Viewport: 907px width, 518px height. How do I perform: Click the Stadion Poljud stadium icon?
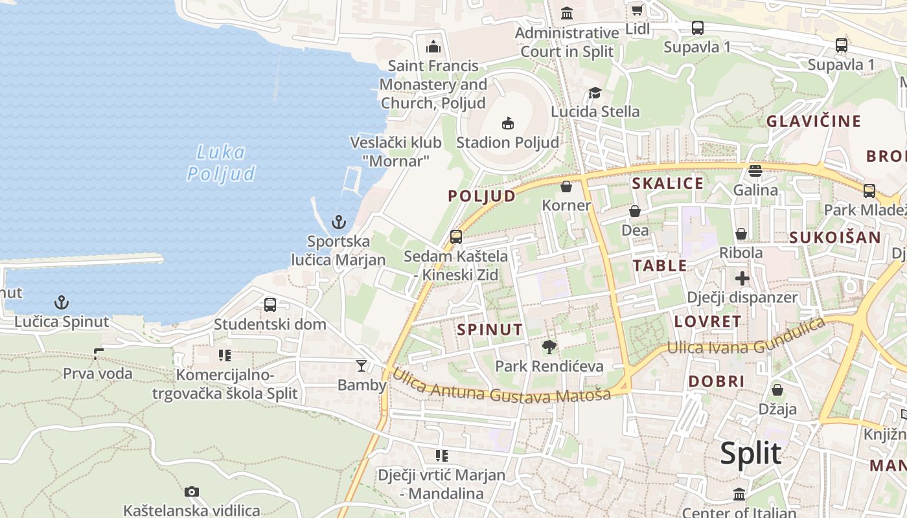coord(508,123)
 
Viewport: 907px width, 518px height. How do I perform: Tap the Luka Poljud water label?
coord(221,163)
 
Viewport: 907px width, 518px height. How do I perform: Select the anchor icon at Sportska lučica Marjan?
coord(338,223)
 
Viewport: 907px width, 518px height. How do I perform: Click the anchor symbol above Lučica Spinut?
coord(61,302)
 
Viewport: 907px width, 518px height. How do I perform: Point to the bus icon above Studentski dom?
coord(270,304)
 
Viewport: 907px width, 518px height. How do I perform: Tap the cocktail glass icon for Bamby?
coord(362,366)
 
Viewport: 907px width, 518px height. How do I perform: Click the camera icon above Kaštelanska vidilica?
coord(191,491)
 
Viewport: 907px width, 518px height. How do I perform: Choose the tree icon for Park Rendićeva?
coord(549,347)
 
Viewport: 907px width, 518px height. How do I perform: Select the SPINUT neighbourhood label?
coord(490,329)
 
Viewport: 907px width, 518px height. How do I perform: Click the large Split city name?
coord(750,453)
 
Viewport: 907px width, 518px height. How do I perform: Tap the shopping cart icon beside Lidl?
coord(637,10)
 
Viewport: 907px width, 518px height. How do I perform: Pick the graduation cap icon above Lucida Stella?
coord(595,93)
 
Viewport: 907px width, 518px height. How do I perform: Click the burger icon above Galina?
coord(755,171)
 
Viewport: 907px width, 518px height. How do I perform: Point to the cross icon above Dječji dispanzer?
coord(742,279)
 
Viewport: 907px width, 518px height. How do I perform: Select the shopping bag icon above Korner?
coord(566,186)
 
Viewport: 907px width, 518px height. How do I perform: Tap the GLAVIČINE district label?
coord(814,121)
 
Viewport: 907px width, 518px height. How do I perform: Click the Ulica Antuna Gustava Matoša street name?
coord(501,386)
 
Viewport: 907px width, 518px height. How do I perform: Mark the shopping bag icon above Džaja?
coord(777,390)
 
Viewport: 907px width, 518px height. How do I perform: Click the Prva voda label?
coord(98,373)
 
